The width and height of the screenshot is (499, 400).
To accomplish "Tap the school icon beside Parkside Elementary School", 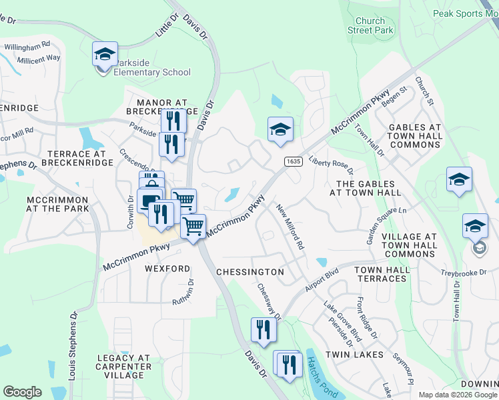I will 104,54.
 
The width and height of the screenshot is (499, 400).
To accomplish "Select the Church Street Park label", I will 370,26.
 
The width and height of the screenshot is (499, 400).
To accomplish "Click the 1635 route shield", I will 292,161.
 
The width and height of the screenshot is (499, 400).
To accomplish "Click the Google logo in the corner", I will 22,391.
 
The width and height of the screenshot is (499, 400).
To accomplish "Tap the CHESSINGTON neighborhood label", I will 250,272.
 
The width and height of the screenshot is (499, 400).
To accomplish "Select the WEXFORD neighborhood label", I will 167,268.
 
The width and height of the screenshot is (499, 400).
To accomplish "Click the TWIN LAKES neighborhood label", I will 354,355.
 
